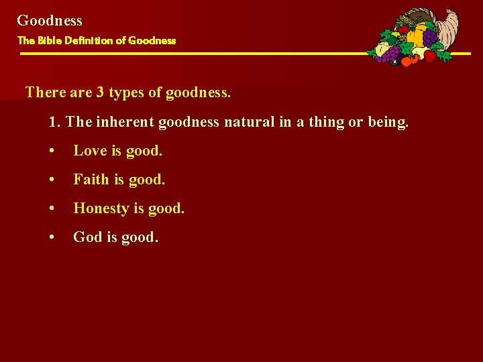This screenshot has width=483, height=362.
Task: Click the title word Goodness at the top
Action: pyautogui.click(x=50, y=21)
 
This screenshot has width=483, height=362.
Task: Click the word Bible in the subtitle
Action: pyautogui.click(x=49, y=40)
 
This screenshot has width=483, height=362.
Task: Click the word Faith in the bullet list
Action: pyautogui.click(x=91, y=180)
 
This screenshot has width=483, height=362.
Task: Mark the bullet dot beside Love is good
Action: pyautogui.click(x=52, y=152)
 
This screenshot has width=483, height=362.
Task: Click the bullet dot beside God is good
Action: pyautogui.click(x=52, y=238)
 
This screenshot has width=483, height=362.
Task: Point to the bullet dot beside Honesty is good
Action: pyautogui.click(x=52, y=209)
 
